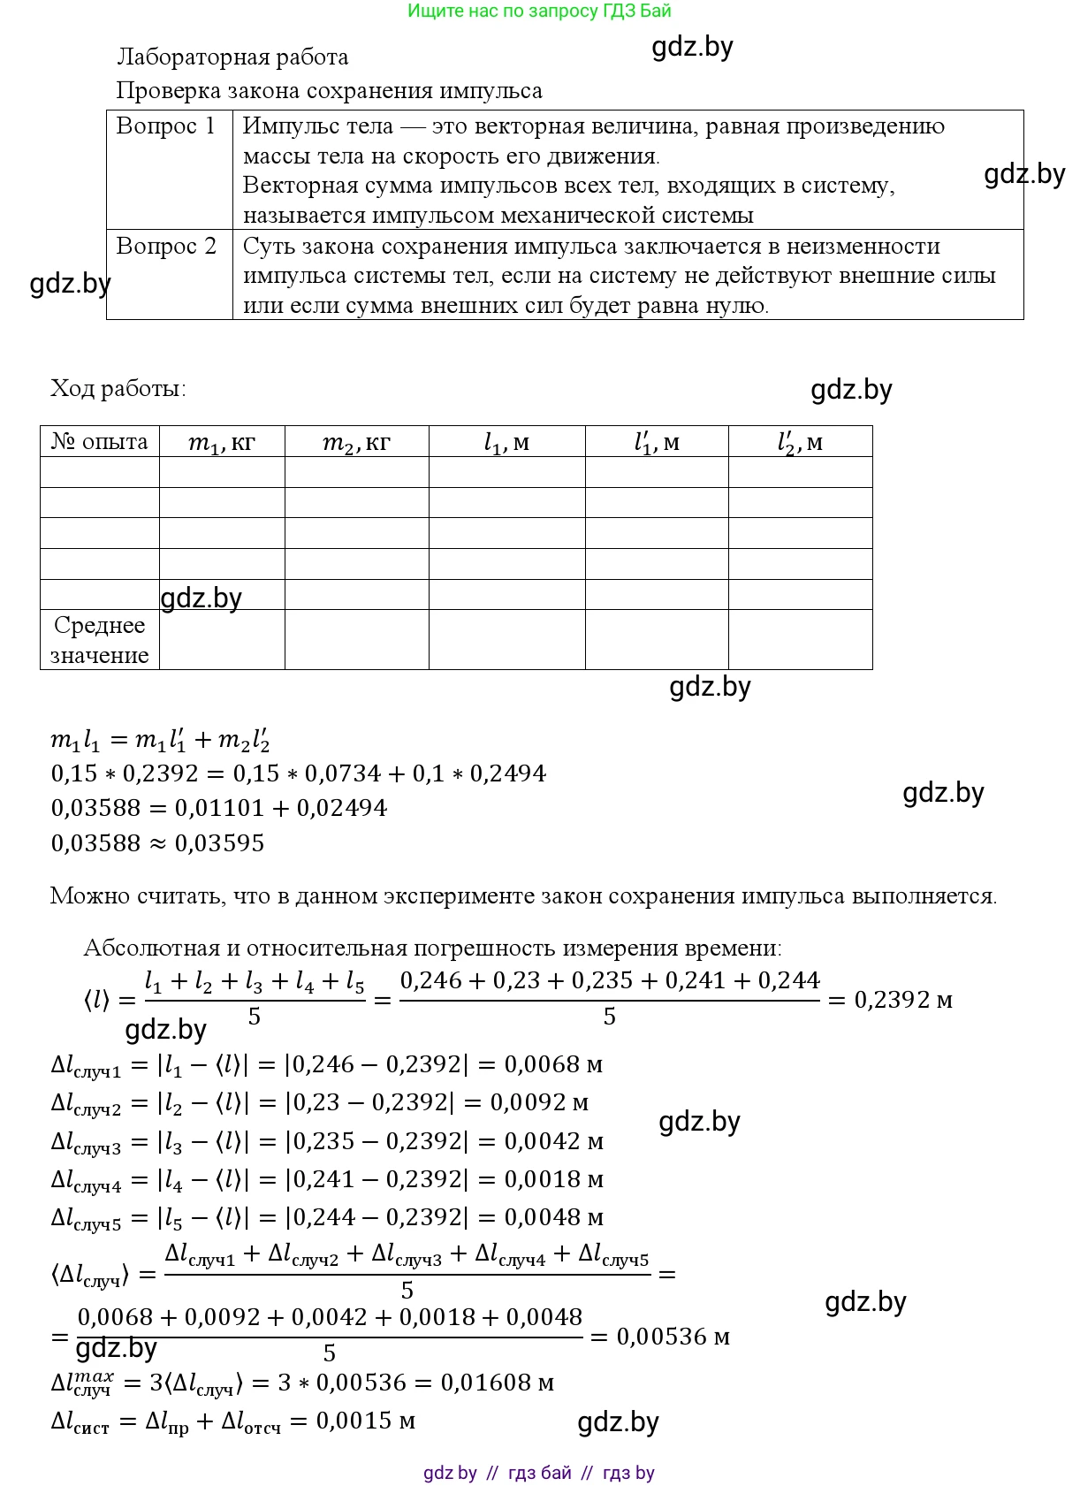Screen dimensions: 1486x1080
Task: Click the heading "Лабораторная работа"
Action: click(232, 57)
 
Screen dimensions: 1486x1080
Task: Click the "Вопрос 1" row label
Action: click(165, 126)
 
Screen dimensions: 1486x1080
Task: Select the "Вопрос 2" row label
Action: click(165, 246)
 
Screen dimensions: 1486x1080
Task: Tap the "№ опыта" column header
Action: click(99, 441)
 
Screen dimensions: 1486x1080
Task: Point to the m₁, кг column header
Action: click(222, 442)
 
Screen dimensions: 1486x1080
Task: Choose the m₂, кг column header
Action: click(356, 442)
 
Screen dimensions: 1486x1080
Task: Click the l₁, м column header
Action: click(506, 442)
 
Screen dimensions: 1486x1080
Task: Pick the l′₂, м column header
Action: click(800, 442)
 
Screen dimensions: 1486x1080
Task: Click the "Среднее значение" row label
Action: click(99, 640)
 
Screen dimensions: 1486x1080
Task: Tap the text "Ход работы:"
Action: click(118, 388)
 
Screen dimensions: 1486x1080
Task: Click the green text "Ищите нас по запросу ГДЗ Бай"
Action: click(539, 11)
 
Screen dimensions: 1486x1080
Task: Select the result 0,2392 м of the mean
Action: click(902, 1001)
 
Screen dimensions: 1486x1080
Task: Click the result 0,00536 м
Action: click(673, 1337)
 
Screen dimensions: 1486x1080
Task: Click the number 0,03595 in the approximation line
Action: click(219, 843)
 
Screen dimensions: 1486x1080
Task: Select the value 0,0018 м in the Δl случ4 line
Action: click(553, 1179)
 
